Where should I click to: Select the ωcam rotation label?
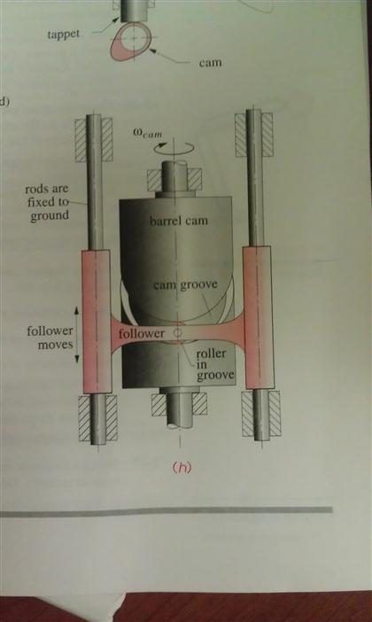pyautogui.click(x=153, y=134)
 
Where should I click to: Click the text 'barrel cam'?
pyautogui.click(x=179, y=220)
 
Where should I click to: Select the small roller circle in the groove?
pyautogui.click(x=177, y=334)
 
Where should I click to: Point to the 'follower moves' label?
pyautogui.click(x=50, y=338)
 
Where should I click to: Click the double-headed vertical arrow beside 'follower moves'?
pyautogui.click(x=76, y=334)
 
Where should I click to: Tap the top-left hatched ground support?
pyautogui.click(x=95, y=135)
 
